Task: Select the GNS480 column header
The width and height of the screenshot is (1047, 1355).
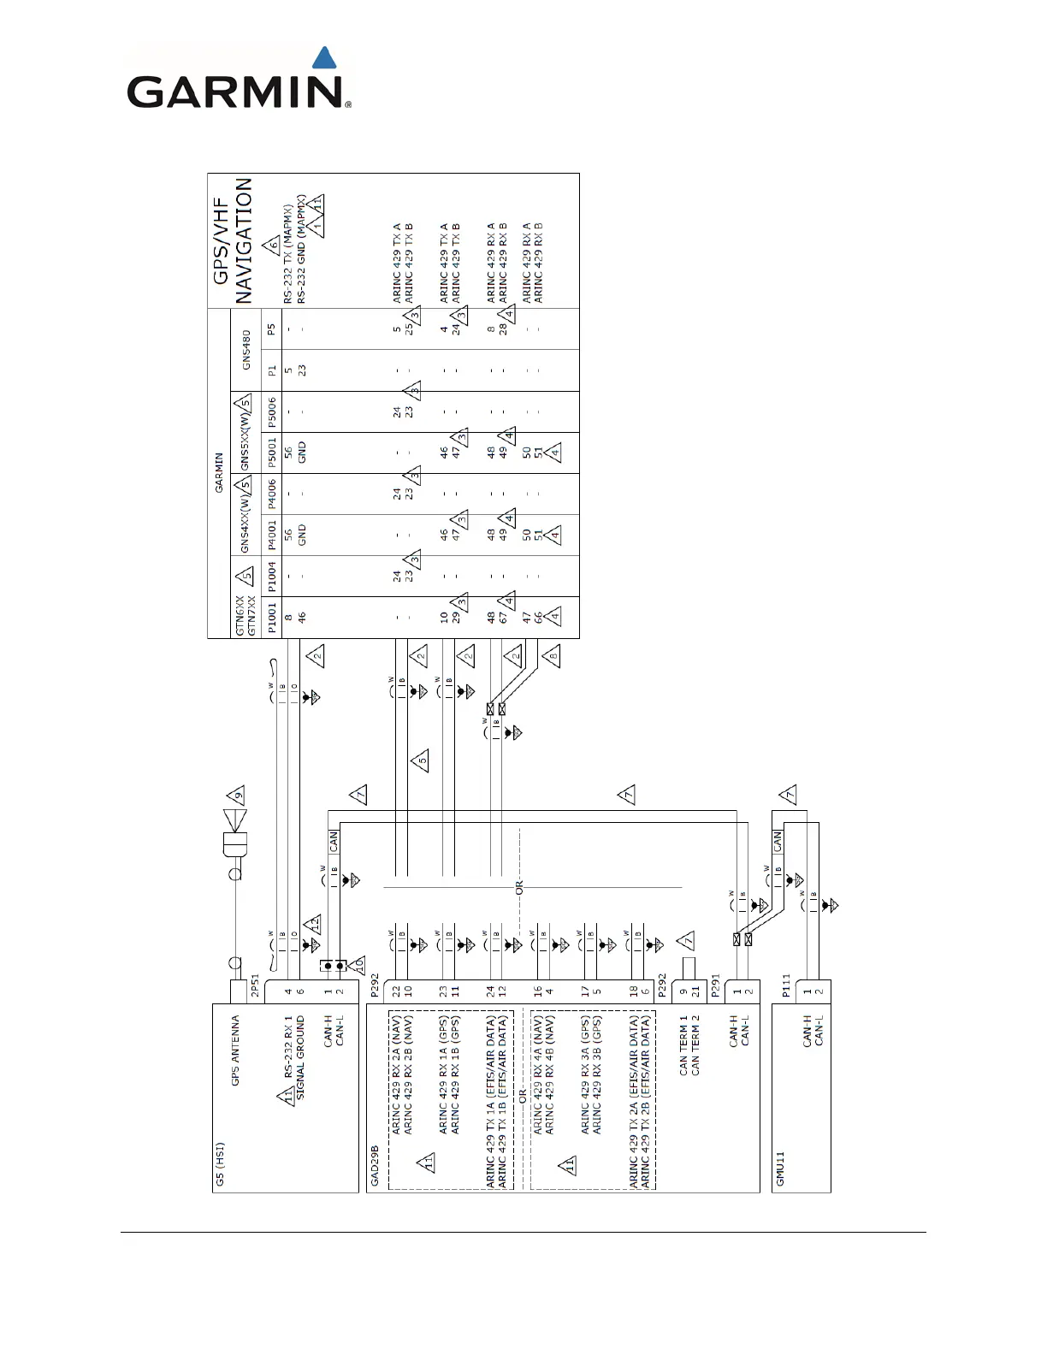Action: click(246, 349)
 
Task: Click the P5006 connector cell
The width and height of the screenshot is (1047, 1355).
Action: click(271, 411)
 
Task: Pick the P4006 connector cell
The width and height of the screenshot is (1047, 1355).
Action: click(271, 494)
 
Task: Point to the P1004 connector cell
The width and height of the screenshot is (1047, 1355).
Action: click(271, 576)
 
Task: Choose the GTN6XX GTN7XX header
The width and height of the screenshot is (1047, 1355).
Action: click(245, 617)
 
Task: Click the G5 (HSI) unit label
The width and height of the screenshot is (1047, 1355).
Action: click(220, 1163)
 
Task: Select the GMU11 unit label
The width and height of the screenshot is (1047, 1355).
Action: click(780, 1169)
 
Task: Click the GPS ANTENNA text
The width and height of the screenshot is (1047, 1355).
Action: click(235, 1050)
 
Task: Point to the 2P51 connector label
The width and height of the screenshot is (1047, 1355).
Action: click(254, 988)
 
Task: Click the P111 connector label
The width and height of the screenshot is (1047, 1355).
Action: click(786, 988)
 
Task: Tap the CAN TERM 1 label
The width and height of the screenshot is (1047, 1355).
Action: click(683, 1044)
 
